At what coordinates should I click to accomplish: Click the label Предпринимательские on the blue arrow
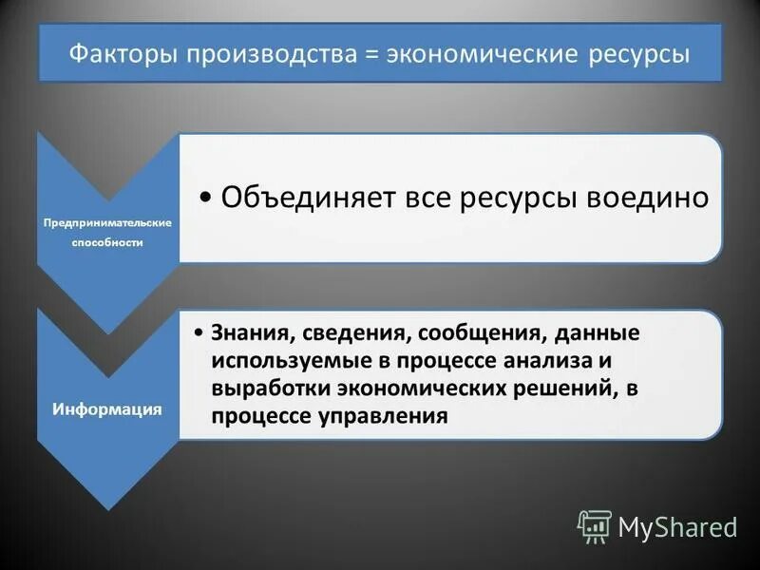pos(106,222)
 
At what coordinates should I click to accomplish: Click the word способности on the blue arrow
pos(106,242)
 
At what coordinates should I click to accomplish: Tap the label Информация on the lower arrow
pos(106,408)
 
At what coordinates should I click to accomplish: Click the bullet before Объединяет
pos(207,199)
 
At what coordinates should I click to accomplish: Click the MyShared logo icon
pos(595,525)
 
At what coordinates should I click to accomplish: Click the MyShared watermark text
pos(677,527)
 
